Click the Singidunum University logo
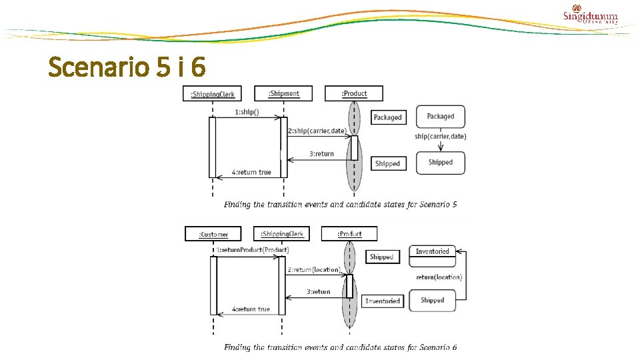tap(591, 15)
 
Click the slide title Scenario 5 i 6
tap(127, 67)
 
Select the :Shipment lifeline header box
tap(283, 93)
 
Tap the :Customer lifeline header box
tap(213, 234)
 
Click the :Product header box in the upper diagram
tap(354, 93)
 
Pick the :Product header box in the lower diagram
tap(349, 233)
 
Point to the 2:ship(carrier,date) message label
tap(317, 131)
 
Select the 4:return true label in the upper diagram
tap(251, 172)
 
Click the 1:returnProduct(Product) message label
tap(252, 250)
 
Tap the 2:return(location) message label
tap(314, 270)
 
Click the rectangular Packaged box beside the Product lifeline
tap(387, 117)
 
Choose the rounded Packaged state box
tap(440, 117)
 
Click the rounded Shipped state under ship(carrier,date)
tap(440, 163)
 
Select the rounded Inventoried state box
tap(432, 252)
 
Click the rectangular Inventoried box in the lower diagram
tap(383, 301)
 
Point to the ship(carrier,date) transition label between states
tap(440, 137)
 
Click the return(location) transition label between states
tap(439, 277)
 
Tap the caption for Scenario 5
tap(340, 205)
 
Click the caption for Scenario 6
tap(340, 347)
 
